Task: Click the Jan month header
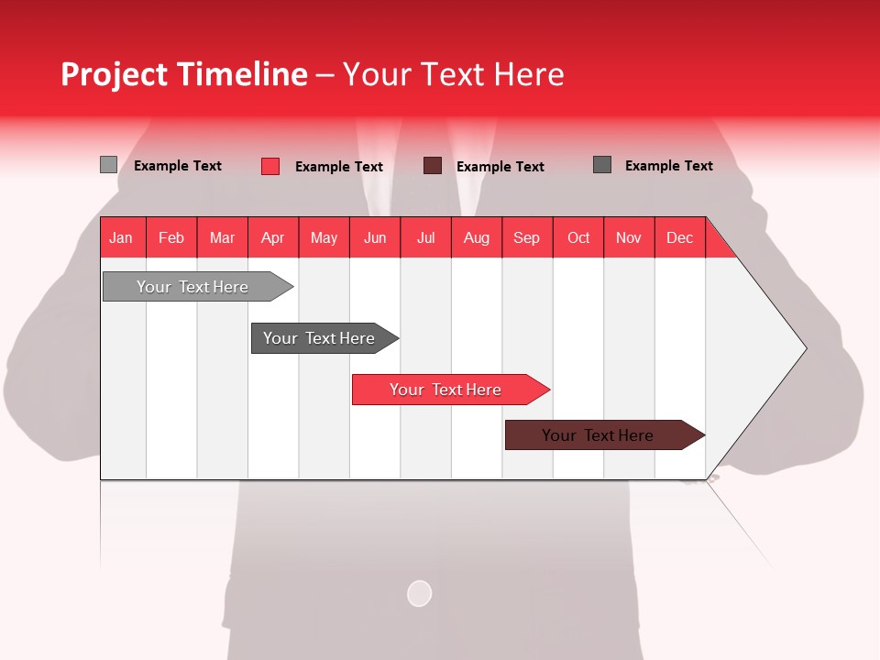122,237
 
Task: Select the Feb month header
171,237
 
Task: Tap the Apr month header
273,237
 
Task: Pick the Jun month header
375,237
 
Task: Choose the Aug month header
477,237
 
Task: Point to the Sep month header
527,237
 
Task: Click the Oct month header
578,237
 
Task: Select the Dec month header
680,237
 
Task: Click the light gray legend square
108,165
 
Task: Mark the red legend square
270,166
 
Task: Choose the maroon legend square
433,166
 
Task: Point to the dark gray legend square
602,165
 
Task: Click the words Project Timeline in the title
184,74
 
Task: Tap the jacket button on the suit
419,594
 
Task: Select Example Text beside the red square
339,167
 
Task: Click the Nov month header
629,237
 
